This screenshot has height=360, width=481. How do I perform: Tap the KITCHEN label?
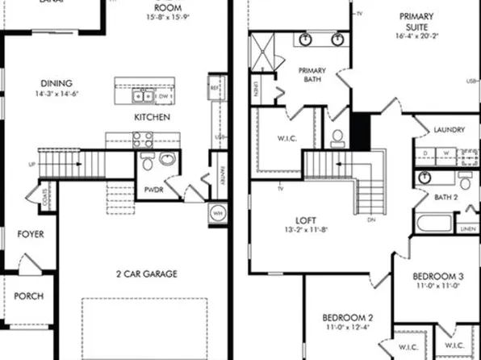[x=152, y=118]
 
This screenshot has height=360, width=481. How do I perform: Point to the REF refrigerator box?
[x=215, y=88]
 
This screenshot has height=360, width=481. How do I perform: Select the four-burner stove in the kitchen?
[x=144, y=140]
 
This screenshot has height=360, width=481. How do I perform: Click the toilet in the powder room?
[x=147, y=164]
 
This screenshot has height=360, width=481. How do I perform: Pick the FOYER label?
[x=30, y=235]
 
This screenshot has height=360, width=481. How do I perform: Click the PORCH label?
[x=29, y=296]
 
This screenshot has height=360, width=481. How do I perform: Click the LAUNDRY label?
[x=449, y=129]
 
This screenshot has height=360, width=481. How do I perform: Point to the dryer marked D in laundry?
[x=424, y=152]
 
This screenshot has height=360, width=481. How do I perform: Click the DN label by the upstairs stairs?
[x=370, y=220]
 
